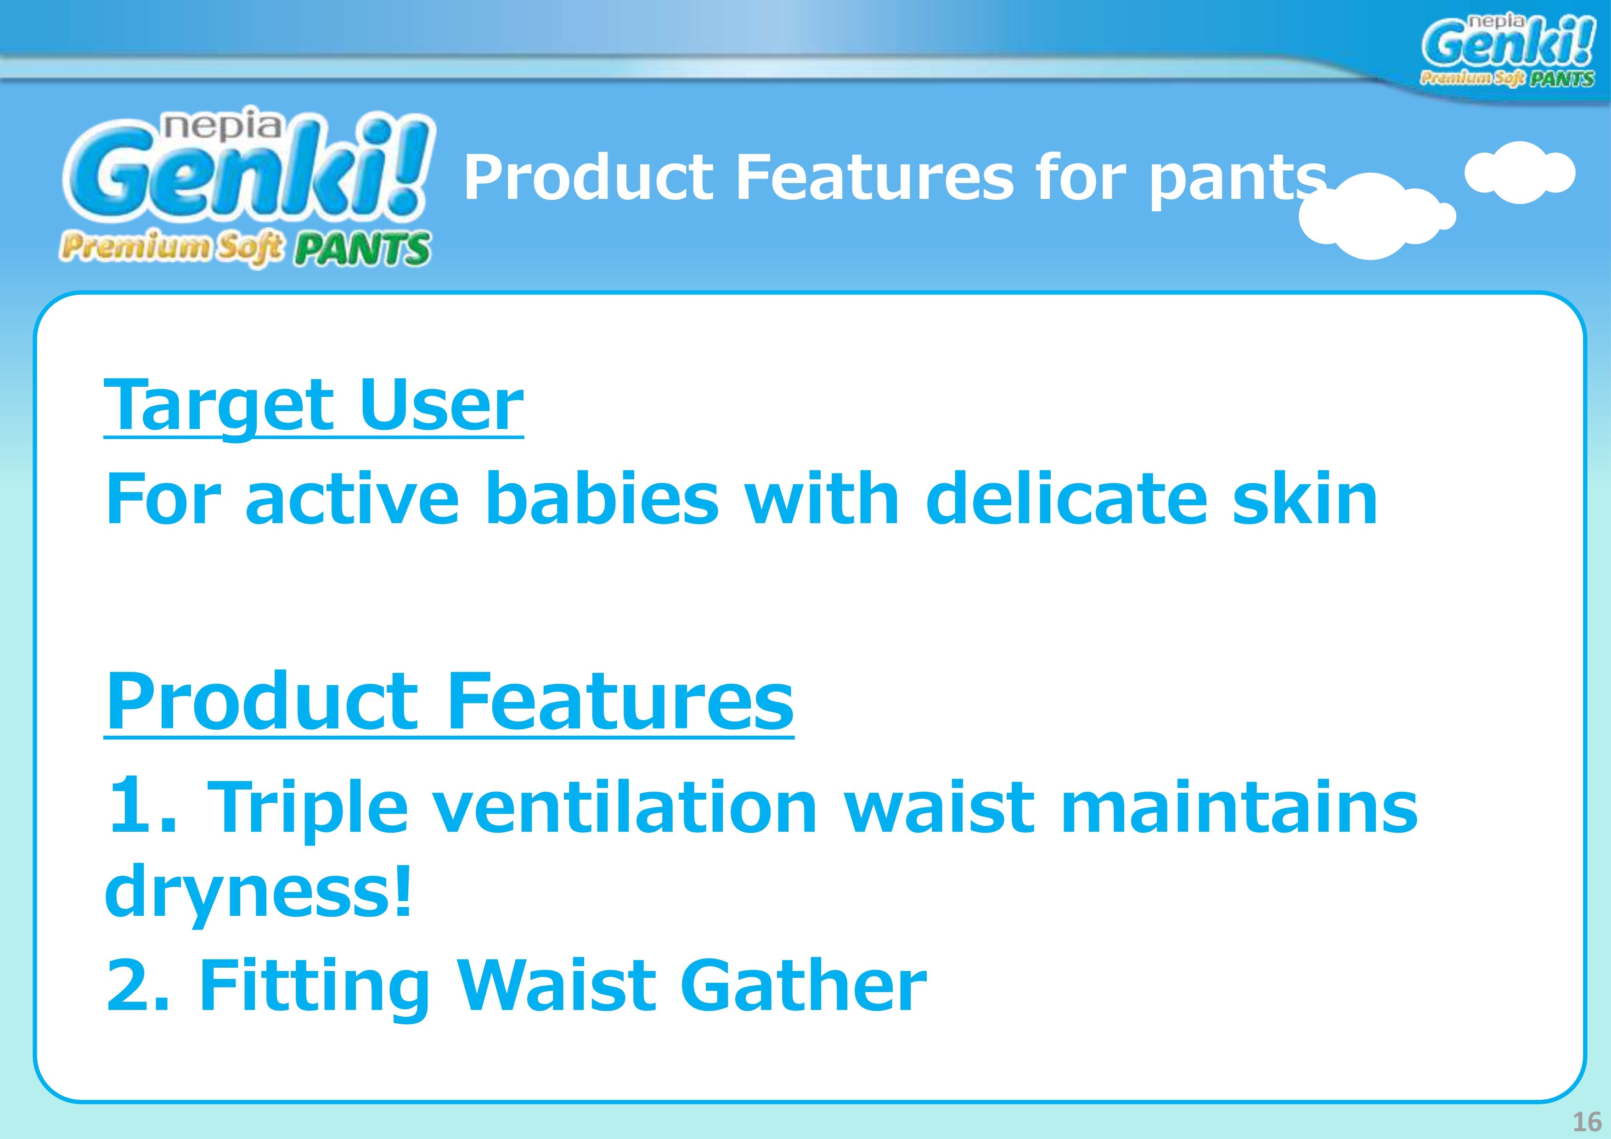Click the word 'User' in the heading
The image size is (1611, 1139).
click(441, 405)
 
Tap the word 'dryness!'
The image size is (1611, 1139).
click(258, 893)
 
